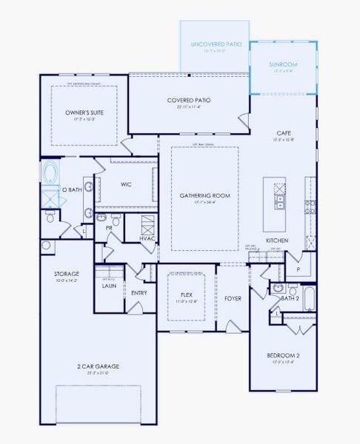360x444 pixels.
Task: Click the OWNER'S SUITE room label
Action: [x=82, y=112]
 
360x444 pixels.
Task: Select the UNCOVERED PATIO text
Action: [x=214, y=45]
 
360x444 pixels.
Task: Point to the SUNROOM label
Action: [x=281, y=65]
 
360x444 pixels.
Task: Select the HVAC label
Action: [x=147, y=238]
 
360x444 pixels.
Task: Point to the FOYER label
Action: [x=233, y=298]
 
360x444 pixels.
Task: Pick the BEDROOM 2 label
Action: [x=283, y=356]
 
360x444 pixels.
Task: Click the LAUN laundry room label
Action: [x=109, y=285]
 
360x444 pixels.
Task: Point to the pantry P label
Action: [x=298, y=270]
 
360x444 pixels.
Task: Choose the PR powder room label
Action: [x=109, y=229]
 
